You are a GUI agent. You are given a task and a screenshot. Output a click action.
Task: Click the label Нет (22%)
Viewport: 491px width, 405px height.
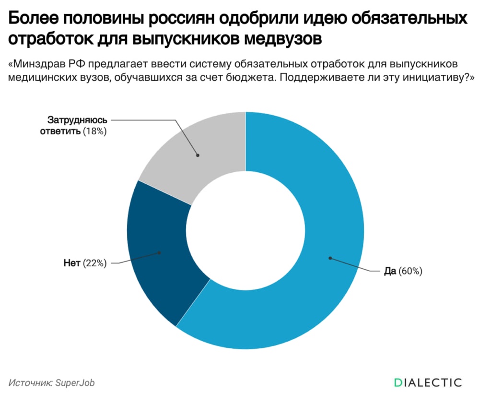tap(84, 263)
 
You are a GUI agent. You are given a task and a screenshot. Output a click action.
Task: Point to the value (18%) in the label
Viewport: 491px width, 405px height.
tap(94, 131)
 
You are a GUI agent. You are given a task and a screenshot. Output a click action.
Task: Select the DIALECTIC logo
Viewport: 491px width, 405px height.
tap(427, 382)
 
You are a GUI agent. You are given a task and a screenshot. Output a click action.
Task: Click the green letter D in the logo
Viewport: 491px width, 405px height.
tap(397, 382)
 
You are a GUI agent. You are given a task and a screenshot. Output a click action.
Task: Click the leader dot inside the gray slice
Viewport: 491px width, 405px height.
tap(198, 155)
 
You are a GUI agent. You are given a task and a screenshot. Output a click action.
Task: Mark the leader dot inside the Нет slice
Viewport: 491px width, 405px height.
tap(159, 252)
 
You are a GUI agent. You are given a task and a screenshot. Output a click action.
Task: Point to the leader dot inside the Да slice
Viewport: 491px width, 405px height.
tap(330, 258)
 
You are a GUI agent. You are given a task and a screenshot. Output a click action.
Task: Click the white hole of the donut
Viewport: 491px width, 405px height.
tap(245, 230)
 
